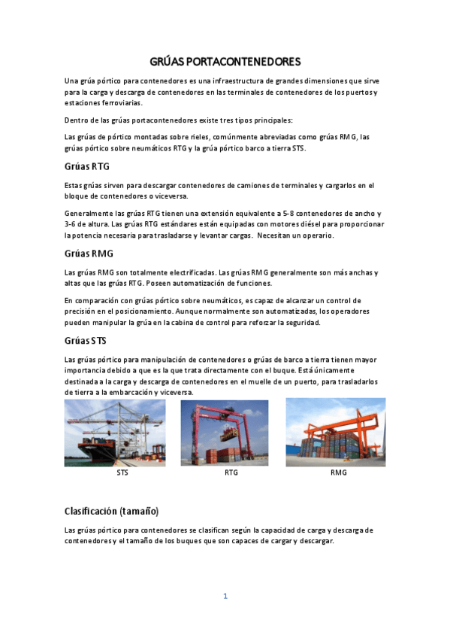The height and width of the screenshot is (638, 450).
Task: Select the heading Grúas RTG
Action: tap(87, 166)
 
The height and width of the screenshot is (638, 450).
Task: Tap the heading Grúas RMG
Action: tap(89, 254)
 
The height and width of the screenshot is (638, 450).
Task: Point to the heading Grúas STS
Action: tap(86, 341)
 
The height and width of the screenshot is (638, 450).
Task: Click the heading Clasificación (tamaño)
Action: tap(111, 511)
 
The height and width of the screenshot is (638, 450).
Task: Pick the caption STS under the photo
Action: tap(122, 473)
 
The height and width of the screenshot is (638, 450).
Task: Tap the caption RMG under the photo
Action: tap(339, 473)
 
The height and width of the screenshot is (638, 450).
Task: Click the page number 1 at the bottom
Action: tap(225, 596)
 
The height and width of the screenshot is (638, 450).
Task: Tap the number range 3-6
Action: tap(73, 224)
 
